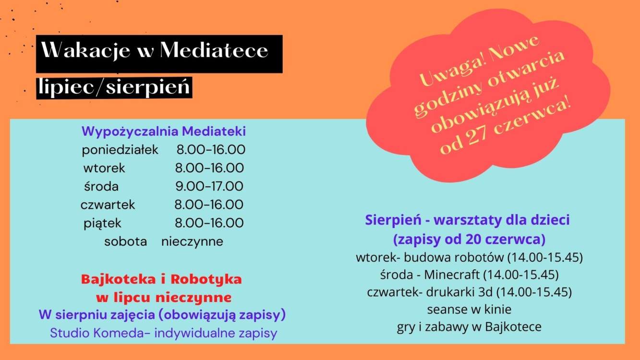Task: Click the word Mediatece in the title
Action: [214, 50]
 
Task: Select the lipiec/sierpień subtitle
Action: [114, 87]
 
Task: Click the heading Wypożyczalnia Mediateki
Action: [164, 132]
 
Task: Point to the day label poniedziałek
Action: [120, 150]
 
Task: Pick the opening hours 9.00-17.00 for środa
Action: [209, 186]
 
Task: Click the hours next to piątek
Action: [209, 223]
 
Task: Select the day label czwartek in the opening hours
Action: [108, 204]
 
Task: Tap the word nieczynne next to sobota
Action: [192, 241]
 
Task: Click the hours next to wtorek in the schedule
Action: [209, 168]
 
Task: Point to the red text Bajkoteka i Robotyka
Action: [161, 279]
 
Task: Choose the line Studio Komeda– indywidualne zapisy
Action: [164, 333]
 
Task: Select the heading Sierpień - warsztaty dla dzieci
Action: [468, 220]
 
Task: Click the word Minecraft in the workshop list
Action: [452, 275]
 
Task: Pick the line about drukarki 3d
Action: [470, 292]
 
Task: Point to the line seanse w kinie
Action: [469, 310]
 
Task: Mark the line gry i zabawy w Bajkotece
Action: [469, 327]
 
